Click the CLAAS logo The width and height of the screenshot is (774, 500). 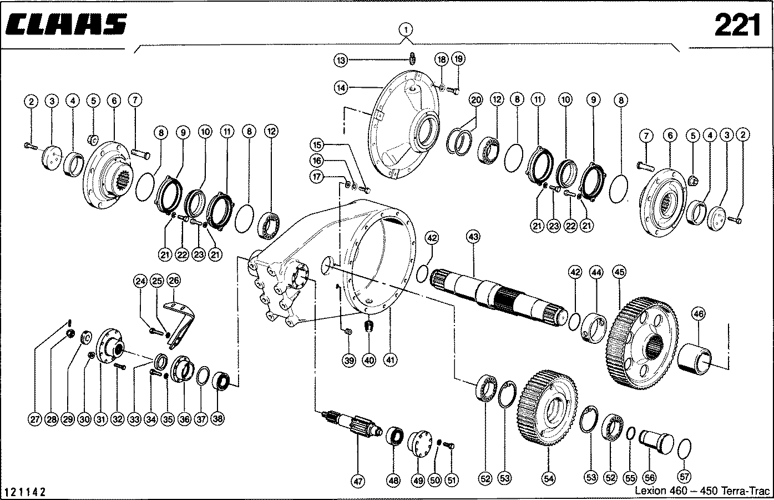click(65, 24)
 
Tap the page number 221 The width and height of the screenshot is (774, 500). click(737, 25)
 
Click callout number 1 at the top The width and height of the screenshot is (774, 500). click(406, 30)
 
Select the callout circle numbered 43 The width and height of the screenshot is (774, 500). click(473, 237)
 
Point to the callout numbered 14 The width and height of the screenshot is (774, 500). click(341, 88)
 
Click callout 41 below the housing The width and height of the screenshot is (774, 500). click(390, 360)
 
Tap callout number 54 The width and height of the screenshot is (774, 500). click(548, 479)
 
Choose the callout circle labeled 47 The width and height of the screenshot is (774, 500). click(358, 481)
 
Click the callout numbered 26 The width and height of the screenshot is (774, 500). click(174, 280)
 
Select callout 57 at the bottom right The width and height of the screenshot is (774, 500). click(684, 477)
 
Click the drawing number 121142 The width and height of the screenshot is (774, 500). click(24, 492)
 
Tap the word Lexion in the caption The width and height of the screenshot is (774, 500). click(651, 491)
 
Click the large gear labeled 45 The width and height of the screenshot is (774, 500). click(643, 343)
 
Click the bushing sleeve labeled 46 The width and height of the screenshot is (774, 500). click(695, 359)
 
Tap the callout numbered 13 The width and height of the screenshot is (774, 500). click(341, 61)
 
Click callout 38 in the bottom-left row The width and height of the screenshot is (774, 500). click(217, 419)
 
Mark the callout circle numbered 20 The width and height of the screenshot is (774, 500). click(476, 101)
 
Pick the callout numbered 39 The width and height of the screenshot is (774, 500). click(348, 361)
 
